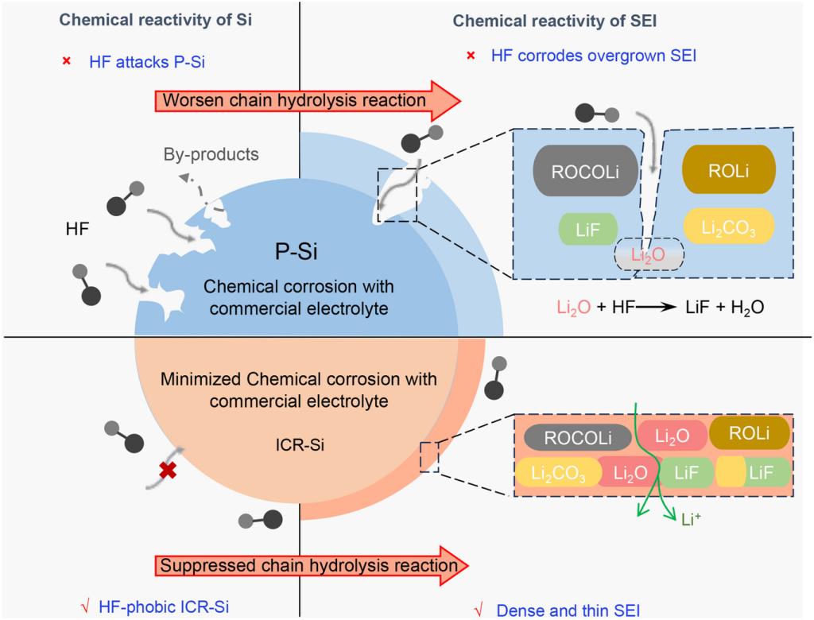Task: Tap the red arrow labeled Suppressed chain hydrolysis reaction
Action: point(310,566)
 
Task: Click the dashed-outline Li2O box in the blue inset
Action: point(649,255)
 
